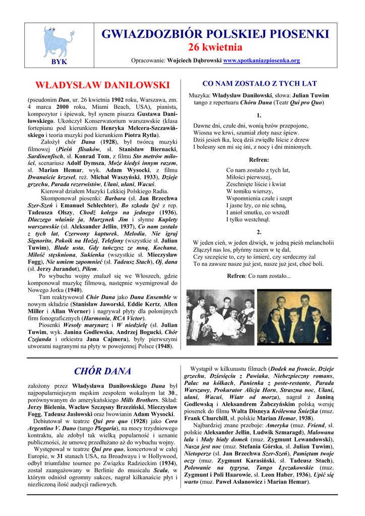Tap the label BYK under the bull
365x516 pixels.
59,61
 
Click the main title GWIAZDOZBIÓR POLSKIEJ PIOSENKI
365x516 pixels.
215,34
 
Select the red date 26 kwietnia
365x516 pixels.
215,47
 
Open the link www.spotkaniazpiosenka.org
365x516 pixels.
261,60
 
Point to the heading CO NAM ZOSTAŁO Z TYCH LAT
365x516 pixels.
259,84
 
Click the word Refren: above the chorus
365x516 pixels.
259,159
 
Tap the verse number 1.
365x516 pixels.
259,115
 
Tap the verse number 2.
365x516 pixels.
259,232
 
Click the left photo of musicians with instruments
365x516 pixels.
220,316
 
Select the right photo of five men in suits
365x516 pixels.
294,316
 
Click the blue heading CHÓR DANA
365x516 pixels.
102,371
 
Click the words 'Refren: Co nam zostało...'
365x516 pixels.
259,276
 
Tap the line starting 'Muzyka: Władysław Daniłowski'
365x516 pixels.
259,95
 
